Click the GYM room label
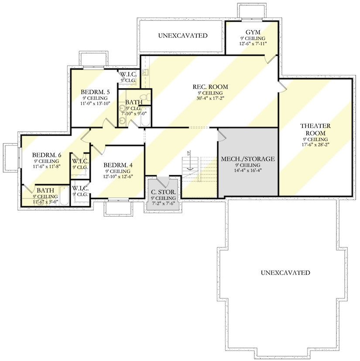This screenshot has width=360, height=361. coord(252,32)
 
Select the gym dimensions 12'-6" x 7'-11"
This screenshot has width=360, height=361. coord(252,44)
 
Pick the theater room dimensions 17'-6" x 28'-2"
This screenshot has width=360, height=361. coord(315,145)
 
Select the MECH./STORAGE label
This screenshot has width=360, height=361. coord(248,159)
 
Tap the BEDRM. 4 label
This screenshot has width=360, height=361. coord(118,165)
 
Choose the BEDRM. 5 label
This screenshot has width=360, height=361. coord(95,92)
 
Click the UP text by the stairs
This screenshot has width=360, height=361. coord(189,153)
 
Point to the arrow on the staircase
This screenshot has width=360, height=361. coord(191,170)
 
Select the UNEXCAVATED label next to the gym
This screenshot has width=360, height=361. coord(182,36)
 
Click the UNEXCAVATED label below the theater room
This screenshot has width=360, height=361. coord(285,273)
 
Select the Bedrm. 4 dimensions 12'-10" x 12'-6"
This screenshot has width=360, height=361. coord(118,177)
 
